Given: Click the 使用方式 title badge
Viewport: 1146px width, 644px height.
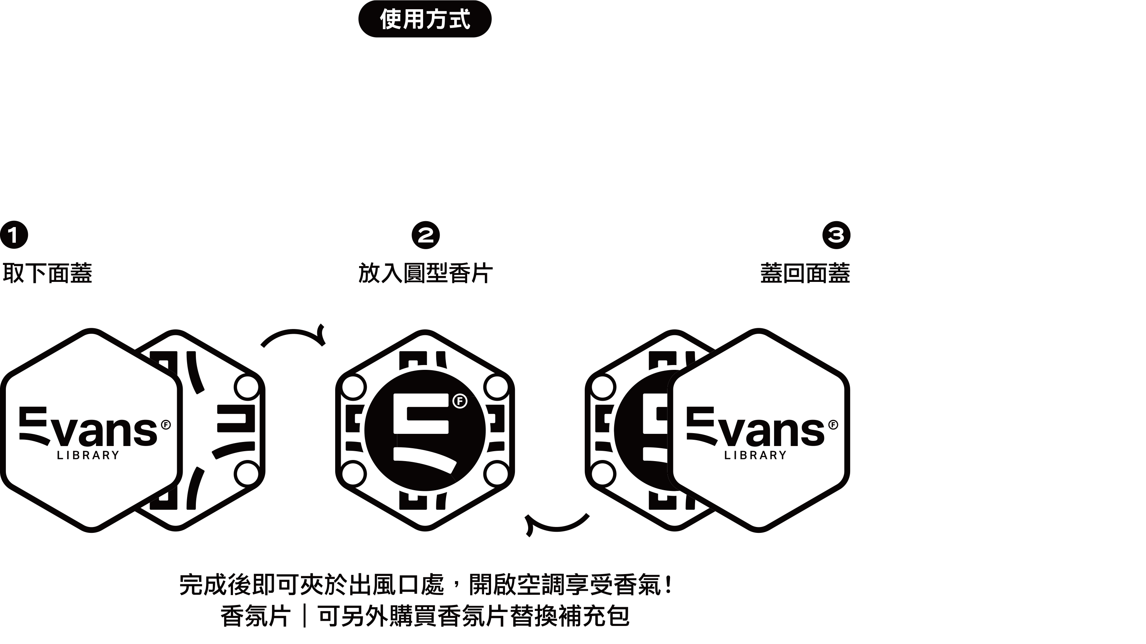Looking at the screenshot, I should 425,19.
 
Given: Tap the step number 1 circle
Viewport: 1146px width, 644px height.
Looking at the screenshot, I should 14,235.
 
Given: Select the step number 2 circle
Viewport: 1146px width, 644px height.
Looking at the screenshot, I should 425,235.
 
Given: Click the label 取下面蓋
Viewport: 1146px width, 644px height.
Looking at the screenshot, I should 47,273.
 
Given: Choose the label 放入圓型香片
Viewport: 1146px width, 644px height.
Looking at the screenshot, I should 425,273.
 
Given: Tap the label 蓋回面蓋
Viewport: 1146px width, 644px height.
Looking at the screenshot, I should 805,273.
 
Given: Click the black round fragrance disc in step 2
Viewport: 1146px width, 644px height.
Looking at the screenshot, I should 425,430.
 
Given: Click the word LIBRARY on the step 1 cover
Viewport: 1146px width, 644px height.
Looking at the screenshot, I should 88,455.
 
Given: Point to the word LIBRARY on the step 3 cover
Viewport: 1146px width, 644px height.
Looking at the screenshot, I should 755,455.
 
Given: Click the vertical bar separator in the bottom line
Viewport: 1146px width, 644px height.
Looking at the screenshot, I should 304,616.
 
